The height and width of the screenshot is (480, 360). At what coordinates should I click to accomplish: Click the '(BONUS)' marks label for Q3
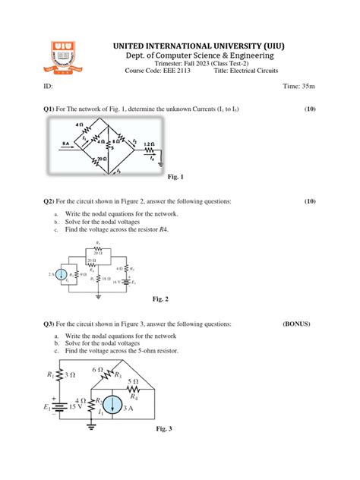click(296, 324)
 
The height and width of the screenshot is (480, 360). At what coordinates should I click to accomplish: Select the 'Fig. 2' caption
click(160, 298)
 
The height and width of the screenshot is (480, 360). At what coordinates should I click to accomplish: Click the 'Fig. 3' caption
click(164, 429)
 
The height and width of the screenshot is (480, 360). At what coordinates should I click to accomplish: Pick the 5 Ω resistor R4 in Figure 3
click(134, 387)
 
